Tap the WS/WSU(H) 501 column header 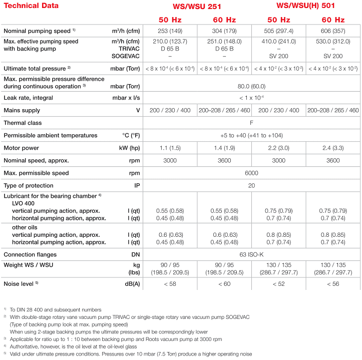(x=306, y=6)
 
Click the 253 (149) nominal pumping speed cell (x=170, y=31)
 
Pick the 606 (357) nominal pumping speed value (x=333, y=31)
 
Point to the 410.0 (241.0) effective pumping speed (x=278, y=42)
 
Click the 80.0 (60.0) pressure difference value (x=251, y=86)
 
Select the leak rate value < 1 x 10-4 (x=251, y=98)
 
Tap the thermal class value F (x=251, y=123)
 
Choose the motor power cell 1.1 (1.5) (x=170, y=148)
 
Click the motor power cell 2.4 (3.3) (x=333, y=148)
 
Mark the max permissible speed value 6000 (x=251, y=173)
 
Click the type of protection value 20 (x=251, y=186)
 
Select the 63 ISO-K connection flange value (x=251, y=254)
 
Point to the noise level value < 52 (x=278, y=284)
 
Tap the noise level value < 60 (x=224, y=284)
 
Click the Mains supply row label (x=22, y=110)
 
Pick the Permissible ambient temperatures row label (x=50, y=135)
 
